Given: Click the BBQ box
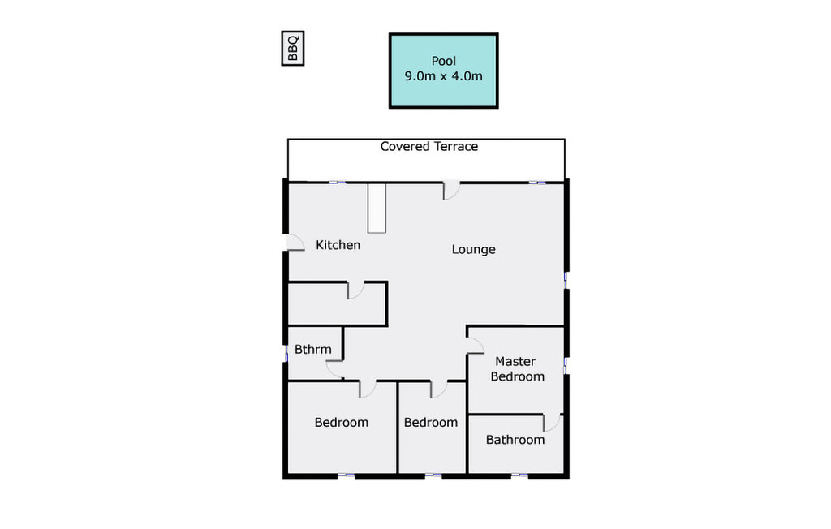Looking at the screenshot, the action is (292, 48).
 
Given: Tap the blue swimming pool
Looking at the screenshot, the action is (444, 71).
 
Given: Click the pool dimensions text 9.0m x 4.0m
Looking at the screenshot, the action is (444, 76).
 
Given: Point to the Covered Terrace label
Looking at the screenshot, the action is (429, 146).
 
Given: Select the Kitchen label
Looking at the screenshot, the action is (338, 245).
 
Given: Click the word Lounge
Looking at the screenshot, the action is (473, 249).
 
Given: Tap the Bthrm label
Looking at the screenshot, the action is (312, 350).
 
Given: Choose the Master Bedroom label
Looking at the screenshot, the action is (517, 369).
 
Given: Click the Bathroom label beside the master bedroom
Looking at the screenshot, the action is (515, 440).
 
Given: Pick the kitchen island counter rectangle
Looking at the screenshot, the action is (377, 208).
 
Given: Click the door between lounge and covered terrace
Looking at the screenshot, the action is (451, 191).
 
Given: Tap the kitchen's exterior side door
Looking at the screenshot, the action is (295, 243).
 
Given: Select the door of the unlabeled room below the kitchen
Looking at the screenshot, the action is (355, 290).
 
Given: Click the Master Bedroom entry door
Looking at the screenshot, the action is (476, 345).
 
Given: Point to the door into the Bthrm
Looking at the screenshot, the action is (334, 369).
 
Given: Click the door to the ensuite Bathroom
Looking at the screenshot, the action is (552, 423).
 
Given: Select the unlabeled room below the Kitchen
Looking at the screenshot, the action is (337, 303).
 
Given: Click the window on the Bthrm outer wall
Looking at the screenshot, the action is (286, 354).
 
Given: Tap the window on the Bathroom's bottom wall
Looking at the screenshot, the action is (519, 475).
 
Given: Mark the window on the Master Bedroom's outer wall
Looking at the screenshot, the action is (566, 366).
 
